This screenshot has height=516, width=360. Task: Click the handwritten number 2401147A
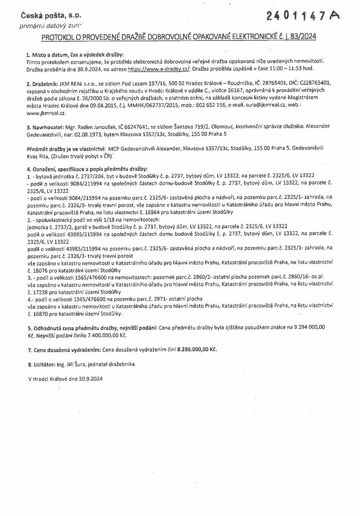303,16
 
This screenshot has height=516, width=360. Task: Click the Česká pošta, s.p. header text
51,16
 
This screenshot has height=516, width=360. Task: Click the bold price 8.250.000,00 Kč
197,350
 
